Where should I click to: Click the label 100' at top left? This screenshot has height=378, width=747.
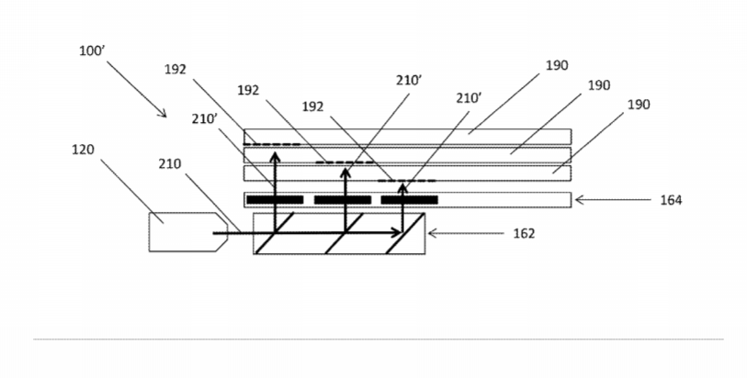point(92,50)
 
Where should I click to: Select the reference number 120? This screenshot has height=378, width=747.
point(83,150)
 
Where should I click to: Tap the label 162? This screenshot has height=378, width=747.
point(524,233)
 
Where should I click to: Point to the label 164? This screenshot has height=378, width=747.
point(671,200)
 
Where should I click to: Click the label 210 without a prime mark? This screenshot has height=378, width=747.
point(170,164)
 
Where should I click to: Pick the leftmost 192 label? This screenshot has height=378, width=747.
point(175,70)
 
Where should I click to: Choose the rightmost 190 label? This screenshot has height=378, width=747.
point(639,105)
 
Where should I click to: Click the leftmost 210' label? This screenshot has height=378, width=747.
point(205,119)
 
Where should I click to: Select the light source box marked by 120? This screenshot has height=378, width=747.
point(188,232)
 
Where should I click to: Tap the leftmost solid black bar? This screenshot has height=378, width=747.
point(275,200)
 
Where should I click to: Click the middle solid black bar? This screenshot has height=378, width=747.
point(343,200)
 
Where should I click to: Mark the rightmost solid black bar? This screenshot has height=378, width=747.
point(409,200)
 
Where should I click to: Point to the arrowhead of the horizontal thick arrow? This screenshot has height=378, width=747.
point(396,233)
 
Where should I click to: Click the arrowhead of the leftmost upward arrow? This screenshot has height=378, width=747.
point(275,157)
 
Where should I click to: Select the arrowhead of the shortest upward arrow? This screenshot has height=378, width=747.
point(402,189)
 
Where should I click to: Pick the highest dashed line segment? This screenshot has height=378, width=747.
point(272,144)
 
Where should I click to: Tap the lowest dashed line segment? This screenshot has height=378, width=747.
point(407,181)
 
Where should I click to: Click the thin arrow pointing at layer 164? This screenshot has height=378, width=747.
point(613,200)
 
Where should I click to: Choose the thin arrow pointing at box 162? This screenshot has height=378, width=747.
point(466,233)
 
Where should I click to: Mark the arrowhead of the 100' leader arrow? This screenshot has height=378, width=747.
point(164,114)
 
